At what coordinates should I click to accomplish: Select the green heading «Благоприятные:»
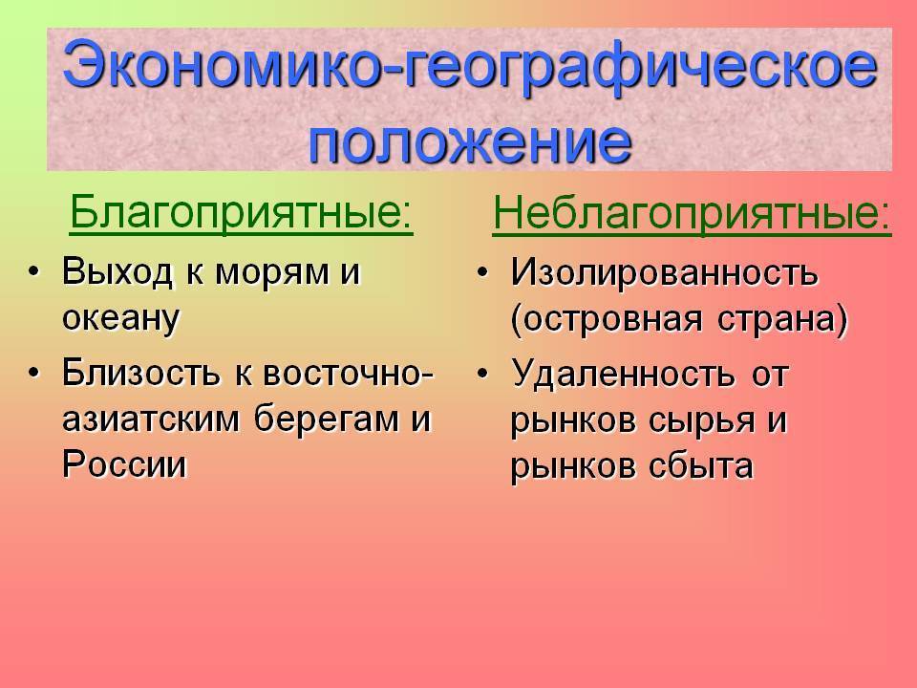pyautogui.click(x=241, y=212)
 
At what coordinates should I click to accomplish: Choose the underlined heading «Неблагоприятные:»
pyautogui.click(x=692, y=212)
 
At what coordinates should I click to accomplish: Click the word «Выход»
pyautogui.click(x=117, y=272)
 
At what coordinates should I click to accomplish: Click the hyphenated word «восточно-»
pyautogui.click(x=348, y=374)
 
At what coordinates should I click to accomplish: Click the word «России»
pyautogui.click(x=124, y=464)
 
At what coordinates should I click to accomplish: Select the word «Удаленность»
pyautogui.click(x=622, y=375)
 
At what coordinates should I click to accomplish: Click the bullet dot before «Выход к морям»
pyautogui.click(x=35, y=271)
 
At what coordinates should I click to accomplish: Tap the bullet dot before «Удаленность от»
pyautogui.click(x=483, y=374)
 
